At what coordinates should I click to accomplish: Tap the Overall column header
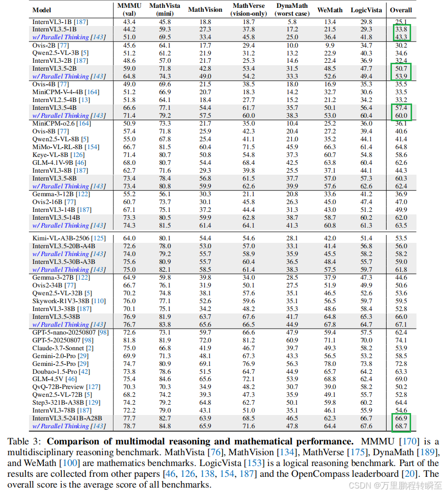coord(401,10)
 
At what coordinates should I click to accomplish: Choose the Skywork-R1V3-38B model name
coord(62,301)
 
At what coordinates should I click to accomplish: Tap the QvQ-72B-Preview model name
coord(59,387)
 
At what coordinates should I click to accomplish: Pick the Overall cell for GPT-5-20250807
coord(401,340)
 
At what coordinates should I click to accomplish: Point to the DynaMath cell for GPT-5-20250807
coord(292,340)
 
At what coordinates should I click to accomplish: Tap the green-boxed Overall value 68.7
coord(401,426)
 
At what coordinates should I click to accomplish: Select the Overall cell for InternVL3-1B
coord(401,22)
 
